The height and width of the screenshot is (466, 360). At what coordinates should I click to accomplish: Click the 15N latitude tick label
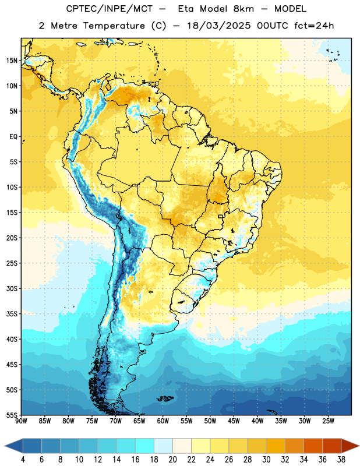[x=12, y=61]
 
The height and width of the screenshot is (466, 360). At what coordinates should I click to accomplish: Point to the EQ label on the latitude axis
[x=13, y=137]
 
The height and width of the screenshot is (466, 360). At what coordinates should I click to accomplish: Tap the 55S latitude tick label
[x=12, y=415]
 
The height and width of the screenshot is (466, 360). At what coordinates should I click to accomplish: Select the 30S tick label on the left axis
[x=12, y=288]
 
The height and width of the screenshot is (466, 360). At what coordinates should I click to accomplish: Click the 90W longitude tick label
[x=21, y=421]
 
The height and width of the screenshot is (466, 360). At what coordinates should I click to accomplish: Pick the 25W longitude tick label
[x=328, y=421]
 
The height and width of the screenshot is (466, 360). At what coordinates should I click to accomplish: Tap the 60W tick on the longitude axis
[x=163, y=421]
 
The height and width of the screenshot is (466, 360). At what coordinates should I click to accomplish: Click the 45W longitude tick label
[x=234, y=421]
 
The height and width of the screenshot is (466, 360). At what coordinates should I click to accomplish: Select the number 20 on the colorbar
[x=172, y=460]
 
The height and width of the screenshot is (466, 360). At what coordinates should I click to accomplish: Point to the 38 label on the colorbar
[x=341, y=460]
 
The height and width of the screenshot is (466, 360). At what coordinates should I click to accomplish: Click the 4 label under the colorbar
[x=23, y=460]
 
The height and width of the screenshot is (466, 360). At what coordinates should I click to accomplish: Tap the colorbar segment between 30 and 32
[x=276, y=446]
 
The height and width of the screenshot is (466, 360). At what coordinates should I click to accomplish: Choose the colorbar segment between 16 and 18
[x=145, y=446]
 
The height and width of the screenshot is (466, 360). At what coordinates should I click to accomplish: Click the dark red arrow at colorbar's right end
[x=350, y=446]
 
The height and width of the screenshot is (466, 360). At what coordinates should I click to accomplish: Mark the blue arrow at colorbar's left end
[x=14, y=446]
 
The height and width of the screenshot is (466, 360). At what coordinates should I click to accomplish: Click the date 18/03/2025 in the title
[x=219, y=26]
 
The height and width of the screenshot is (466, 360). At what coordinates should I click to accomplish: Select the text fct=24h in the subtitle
[x=314, y=26]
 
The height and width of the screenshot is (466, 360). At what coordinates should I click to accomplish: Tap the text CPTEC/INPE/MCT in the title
[x=110, y=9]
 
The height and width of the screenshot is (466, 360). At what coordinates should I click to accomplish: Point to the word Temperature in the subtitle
[x=114, y=26]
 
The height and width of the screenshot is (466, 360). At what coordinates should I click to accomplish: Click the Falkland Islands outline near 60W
[x=165, y=398]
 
